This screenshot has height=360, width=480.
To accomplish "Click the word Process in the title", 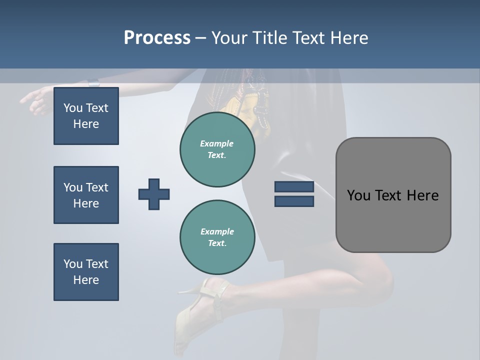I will (157, 38).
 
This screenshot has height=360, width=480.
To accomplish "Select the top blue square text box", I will (86, 116).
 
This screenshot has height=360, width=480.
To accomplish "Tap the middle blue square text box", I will (86, 195).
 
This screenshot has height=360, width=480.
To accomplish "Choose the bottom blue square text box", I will (86, 272).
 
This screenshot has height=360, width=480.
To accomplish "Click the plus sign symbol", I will (154, 194).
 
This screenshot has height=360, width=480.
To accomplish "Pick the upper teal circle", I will (217, 149).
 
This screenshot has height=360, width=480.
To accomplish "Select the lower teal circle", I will (217, 237).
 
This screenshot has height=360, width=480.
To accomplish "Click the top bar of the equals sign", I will (294, 187).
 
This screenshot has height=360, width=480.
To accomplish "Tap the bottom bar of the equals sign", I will (294, 201).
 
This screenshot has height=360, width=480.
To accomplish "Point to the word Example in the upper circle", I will (217, 143).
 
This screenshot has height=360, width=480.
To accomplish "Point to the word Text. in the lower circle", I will (217, 243).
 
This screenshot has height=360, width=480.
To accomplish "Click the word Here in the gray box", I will (423, 195).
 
